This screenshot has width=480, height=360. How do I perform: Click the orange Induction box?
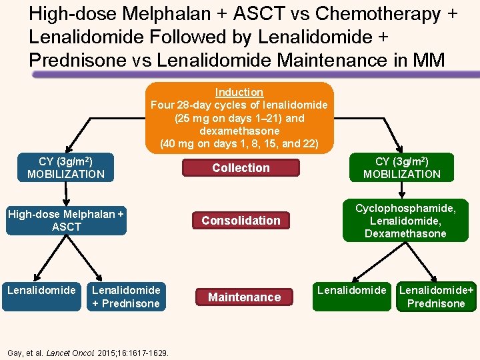(239, 118)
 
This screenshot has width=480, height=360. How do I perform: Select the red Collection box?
(241, 168)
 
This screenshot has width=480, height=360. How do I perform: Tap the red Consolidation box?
(241, 221)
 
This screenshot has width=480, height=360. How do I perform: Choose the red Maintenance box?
(245, 297)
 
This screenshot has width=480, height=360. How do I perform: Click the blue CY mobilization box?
(66, 167)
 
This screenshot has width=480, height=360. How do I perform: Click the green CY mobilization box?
(401, 167)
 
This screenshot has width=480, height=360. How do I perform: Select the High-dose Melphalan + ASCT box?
(65, 221)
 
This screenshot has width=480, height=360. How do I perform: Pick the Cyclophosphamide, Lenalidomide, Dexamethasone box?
(405, 221)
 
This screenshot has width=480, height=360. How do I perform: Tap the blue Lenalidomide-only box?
(41, 297)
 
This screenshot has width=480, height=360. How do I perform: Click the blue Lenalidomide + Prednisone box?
(126, 297)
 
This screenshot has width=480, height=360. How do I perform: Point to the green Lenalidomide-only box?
(351, 297)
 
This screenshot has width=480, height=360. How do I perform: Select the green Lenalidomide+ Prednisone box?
(436, 297)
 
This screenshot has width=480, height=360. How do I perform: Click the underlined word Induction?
(239, 93)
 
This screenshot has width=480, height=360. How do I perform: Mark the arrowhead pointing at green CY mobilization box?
(400, 151)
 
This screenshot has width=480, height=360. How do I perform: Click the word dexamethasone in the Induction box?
(239, 131)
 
